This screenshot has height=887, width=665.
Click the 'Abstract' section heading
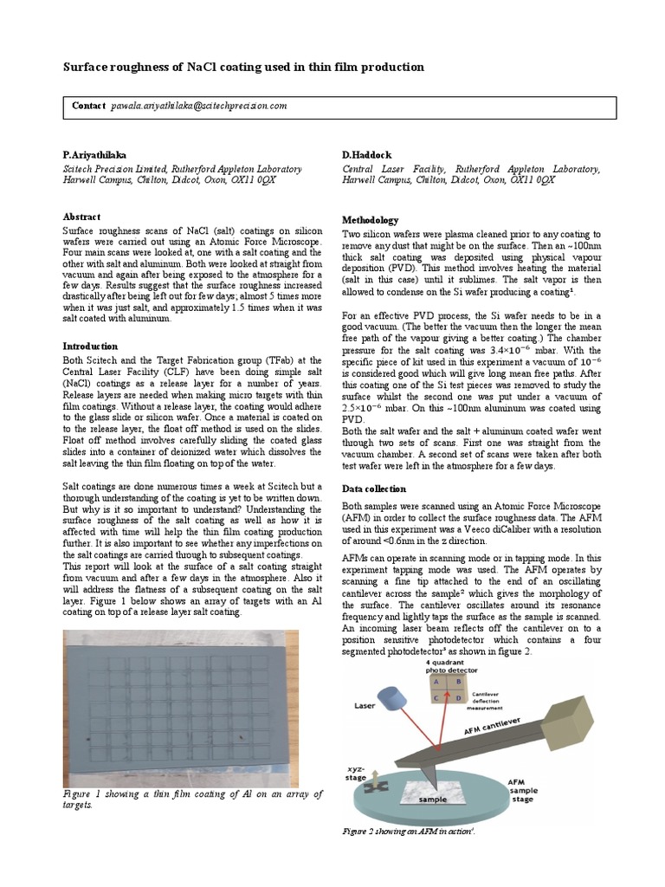tap(81, 217)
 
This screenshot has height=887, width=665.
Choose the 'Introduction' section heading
tap(91, 346)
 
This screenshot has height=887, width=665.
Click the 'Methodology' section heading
tap(371, 220)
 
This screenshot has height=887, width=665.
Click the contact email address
tap(198, 106)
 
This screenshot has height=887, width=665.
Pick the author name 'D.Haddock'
tap(367, 153)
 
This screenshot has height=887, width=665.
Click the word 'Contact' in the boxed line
tap(88, 106)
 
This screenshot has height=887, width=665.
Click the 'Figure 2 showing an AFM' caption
tap(409, 832)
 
